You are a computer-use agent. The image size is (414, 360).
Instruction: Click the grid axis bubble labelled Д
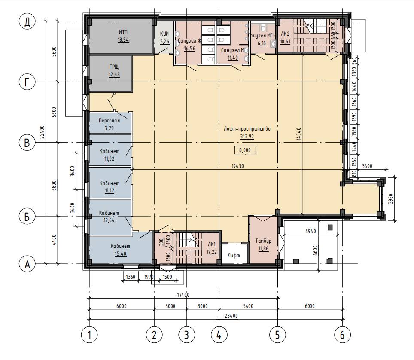click(x=27, y=21)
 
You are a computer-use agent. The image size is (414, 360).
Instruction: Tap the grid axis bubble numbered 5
click(x=277, y=335)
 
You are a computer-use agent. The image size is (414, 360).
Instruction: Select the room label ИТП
click(x=123, y=32)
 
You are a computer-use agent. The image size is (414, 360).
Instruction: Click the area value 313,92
click(x=247, y=137)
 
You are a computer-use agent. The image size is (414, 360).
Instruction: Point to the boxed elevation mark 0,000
click(x=245, y=150)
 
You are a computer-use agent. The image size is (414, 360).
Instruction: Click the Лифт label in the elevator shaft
click(x=234, y=256)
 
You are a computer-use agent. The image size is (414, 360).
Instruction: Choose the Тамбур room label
click(x=263, y=241)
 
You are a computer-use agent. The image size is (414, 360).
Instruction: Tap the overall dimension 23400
click(x=231, y=316)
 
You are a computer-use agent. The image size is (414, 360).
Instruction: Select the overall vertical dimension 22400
click(x=42, y=132)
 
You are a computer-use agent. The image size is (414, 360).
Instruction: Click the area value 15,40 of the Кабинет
click(x=120, y=254)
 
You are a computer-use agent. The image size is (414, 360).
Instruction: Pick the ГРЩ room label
click(x=114, y=67)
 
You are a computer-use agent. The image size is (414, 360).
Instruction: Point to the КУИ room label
click(x=164, y=34)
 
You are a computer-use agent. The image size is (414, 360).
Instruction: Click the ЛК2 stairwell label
click(x=285, y=34)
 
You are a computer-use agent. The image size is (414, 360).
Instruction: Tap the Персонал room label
click(x=110, y=121)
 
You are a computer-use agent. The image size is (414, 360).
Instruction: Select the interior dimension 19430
click(x=237, y=166)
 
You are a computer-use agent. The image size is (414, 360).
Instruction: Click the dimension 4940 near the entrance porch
click(x=310, y=232)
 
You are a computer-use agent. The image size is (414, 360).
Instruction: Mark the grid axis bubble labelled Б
click(x=27, y=217)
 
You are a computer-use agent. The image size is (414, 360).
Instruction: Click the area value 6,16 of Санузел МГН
click(x=262, y=43)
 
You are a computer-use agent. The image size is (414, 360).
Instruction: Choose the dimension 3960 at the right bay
click(x=390, y=199)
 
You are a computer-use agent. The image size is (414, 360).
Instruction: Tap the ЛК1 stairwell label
click(x=212, y=244)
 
